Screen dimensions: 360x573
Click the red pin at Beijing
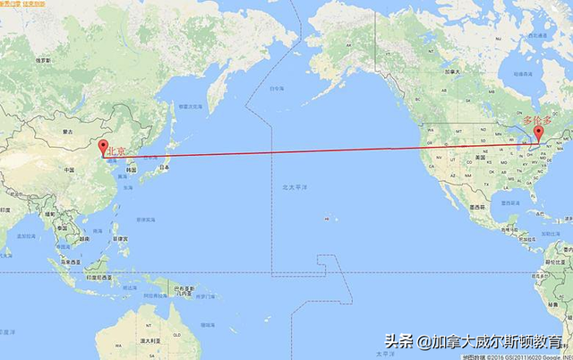pos(103,149)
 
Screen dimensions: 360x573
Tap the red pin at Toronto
pos(539,135)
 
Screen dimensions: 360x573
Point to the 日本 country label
pos(164,167)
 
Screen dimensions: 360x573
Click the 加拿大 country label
pos(452,72)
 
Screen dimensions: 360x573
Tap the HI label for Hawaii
pos(327,218)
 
